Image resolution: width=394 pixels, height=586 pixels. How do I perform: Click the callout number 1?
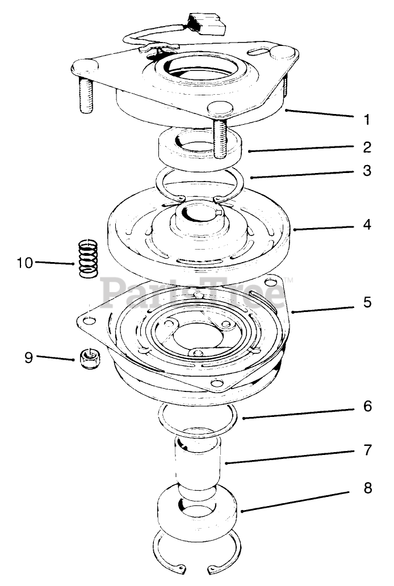367,120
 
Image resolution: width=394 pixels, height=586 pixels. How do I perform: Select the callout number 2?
367,147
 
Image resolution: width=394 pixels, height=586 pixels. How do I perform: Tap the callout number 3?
367,170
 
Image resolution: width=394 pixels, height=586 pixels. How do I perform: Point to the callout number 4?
367,225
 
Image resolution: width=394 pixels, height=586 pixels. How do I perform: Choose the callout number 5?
367,302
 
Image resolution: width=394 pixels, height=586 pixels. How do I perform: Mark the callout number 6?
367,406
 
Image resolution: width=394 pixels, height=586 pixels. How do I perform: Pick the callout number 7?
367,450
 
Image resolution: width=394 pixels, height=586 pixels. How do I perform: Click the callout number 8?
367,488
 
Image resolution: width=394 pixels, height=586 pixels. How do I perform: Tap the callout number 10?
25,263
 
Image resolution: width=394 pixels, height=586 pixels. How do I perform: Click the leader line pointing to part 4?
326,227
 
